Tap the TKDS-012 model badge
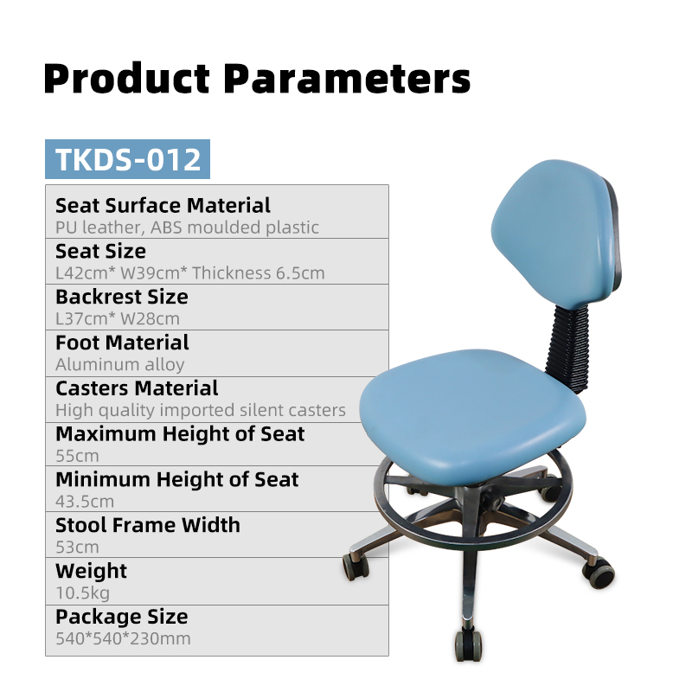click(x=128, y=159)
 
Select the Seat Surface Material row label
click(x=163, y=206)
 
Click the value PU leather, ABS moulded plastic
click(x=187, y=227)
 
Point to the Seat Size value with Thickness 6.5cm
click(x=190, y=273)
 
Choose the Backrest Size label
click(x=122, y=297)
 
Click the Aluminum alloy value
click(x=120, y=364)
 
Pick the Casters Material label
click(x=137, y=388)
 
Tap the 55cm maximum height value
click(x=77, y=456)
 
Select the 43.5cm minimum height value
click(x=85, y=502)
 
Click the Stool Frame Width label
click(x=148, y=525)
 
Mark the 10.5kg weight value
click(x=82, y=593)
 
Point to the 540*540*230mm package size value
click(x=123, y=639)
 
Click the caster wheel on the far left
click(x=356, y=566)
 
